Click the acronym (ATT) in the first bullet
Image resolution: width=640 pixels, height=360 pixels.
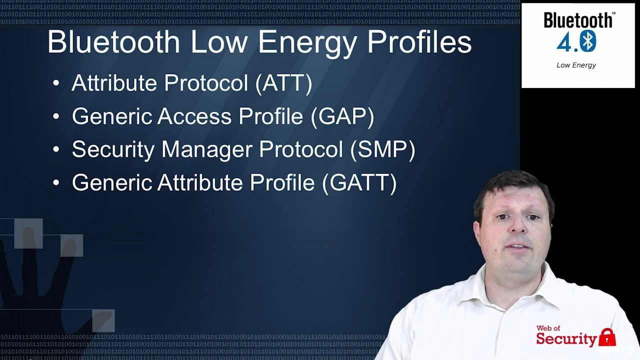click(283, 83)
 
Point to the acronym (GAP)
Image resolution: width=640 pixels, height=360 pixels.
click(342, 116)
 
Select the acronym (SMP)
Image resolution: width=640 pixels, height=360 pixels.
click(382, 149)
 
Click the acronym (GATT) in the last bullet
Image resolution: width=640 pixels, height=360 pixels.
click(359, 183)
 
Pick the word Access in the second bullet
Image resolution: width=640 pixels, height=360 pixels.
click(194, 116)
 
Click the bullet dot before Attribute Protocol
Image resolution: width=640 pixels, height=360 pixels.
click(56, 83)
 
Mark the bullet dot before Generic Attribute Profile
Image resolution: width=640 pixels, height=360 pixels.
click(56, 182)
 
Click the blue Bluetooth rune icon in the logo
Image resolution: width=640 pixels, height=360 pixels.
click(588, 41)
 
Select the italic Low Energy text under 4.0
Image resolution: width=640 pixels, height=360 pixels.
click(576, 65)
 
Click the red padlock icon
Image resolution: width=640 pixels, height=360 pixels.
click(607, 337)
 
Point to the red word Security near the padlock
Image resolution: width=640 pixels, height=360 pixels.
click(566, 339)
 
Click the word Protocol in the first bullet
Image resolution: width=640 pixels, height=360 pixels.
click(206, 83)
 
